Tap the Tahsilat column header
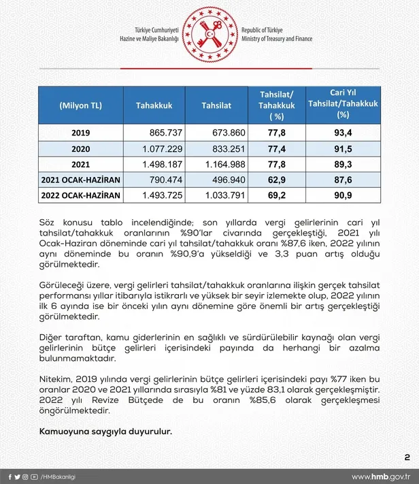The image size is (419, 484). click(x=216, y=106)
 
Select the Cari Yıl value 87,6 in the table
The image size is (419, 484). click(x=343, y=180)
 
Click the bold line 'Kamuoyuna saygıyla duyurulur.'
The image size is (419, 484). click(x=96, y=432)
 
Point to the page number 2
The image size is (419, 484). click(x=406, y=456)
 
